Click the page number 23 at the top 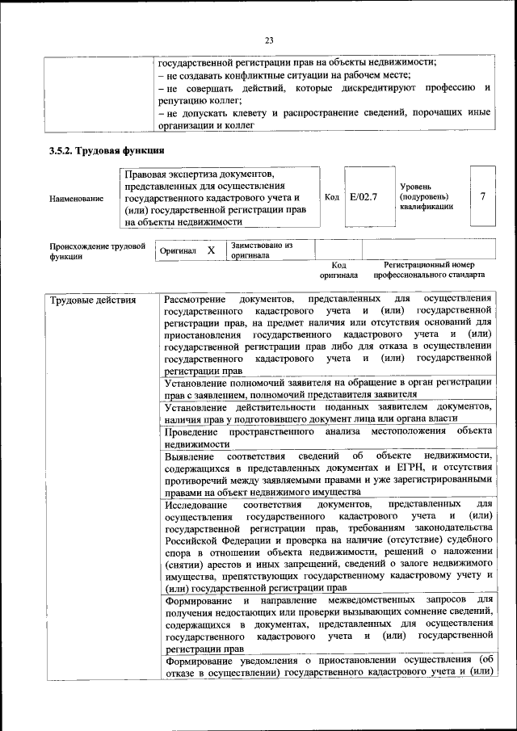[270, 39]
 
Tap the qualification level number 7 [482, 197]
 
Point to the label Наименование [77, 198]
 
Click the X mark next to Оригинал [211, 250]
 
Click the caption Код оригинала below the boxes [338, 270]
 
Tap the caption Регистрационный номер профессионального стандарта [429, 270]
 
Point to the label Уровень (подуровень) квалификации [427, 197]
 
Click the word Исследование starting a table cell [195, 505]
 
